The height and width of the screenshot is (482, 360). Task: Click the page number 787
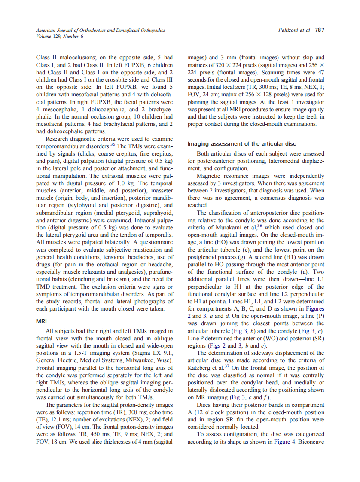pyautogui.click(x=320, y=30)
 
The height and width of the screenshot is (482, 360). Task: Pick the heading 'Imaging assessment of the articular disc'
pyautogui.click(x=242, y=143)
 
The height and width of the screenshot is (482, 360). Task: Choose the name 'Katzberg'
pyautogui.click(x=201, y=368)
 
